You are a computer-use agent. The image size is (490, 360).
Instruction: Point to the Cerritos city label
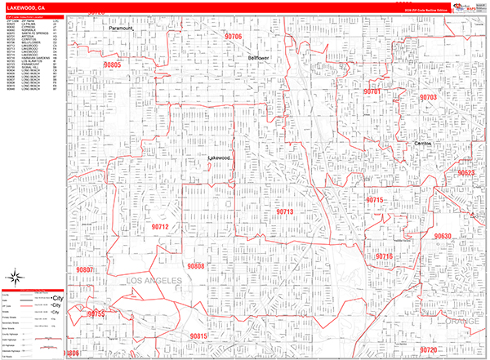421,143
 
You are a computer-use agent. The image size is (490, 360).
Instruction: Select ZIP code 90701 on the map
372,91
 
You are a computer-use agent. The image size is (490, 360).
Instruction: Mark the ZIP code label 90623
466,173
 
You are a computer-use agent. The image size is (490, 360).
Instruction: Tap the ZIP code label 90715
374,200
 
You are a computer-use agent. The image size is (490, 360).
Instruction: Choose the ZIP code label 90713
284,211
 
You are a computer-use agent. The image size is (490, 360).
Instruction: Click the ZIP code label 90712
160,226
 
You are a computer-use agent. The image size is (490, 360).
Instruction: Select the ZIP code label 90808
195,266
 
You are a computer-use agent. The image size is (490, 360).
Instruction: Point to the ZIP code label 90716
384,256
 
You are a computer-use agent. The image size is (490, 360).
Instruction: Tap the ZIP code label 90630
442,236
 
